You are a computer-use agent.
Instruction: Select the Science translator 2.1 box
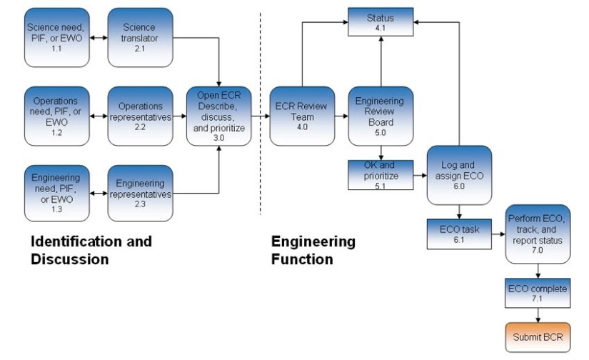(x=140, y=36)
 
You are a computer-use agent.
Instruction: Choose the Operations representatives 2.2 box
(x=140, y=115)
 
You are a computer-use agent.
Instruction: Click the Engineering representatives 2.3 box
(x=140, y=193)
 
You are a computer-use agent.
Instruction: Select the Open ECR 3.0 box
(x=220, y=115)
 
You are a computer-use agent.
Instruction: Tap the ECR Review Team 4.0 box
(x=301, y=115)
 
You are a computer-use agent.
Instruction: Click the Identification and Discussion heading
(x=91, y=250)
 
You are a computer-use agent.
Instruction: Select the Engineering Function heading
(x=313, y=250)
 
